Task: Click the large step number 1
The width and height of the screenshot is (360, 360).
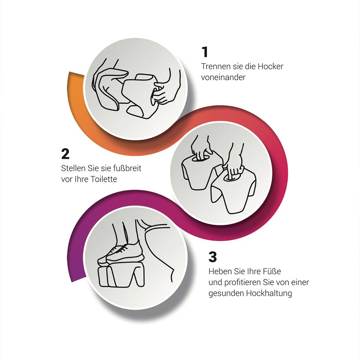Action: click(205, 52)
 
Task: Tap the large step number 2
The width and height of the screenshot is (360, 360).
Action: click(66, 154)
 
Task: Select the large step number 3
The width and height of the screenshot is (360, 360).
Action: click(213, 257)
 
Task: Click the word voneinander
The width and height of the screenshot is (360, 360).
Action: click(224, 77)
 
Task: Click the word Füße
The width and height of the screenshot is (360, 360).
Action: click(273, 271)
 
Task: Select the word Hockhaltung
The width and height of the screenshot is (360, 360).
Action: click(269, 293)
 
